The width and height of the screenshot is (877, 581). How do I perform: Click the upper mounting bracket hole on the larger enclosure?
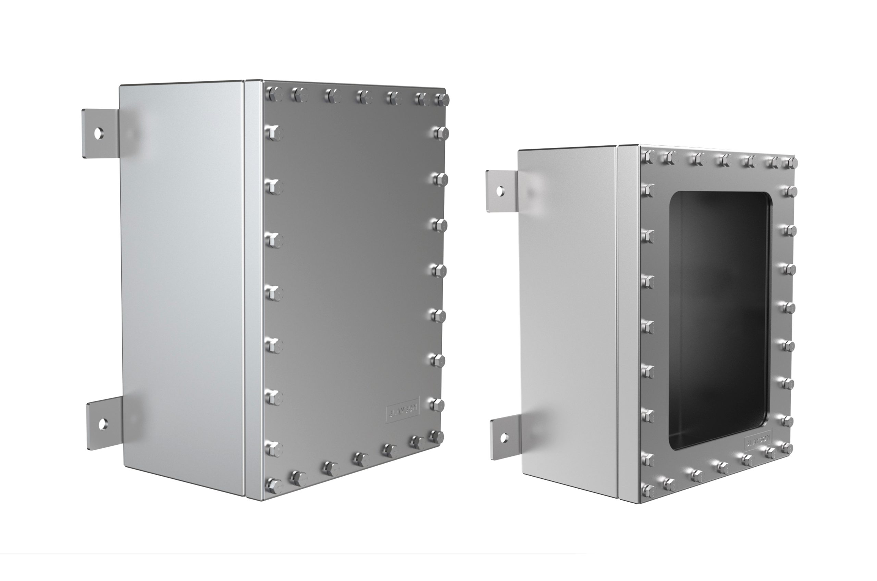pyautogui.click(x=98, y=133)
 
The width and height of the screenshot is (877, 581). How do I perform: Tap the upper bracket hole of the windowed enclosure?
pyautogui.click(x=500, y=191)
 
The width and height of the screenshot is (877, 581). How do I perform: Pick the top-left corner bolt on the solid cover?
pyautogui.click(x=274, y=94)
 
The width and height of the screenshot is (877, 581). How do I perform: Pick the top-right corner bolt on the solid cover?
pyautogui.click(x=442, y=100)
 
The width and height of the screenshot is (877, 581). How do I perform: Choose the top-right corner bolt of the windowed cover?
pyautogui.click(x=791, y=163)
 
